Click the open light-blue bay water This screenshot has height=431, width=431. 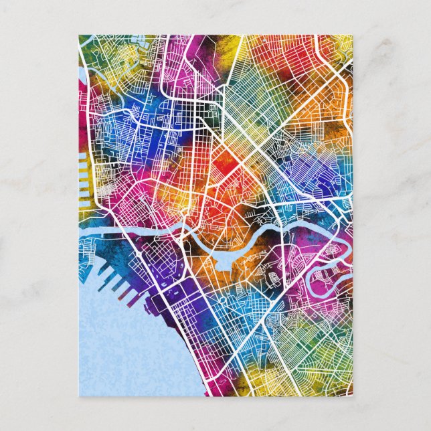114,348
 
